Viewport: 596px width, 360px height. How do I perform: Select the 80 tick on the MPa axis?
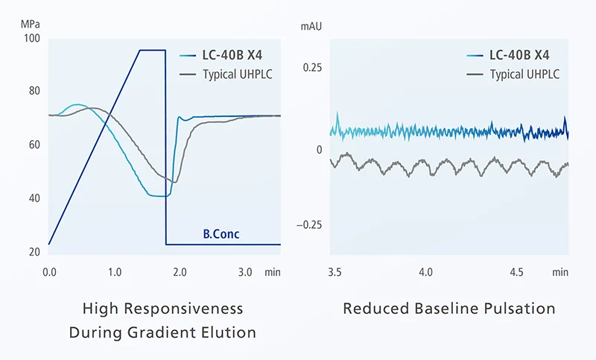pyautogui.click(x=34, y=92)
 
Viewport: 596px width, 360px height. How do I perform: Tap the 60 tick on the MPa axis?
pyautogui.click(x=34, y=145)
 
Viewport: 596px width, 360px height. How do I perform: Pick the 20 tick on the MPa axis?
pyautogui.click(x=34, y=252)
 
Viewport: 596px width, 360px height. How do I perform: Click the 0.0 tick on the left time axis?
pyautogui.click(x=49, y=272)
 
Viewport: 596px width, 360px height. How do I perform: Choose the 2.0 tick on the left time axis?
pyautogui.click(x=180, y=272)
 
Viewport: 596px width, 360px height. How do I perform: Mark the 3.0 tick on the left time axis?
pyautogui.click(x=244, y=272)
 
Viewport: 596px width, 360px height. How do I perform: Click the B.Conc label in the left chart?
pyautogui.click(x=221, y=234)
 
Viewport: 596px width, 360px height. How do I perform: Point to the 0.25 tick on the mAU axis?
pyautogui.click(x=312, y=69)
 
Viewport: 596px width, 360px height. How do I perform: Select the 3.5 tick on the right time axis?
pyautogui.click(x=335, y=272)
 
